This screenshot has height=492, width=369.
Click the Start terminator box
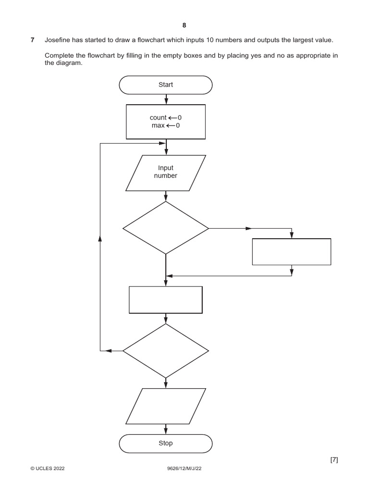(x=165, y=85)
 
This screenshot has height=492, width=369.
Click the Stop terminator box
(x=165, y=443)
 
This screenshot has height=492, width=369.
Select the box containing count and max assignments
(x=165, y=122)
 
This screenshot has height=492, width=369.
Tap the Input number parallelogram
(x=165, y=172)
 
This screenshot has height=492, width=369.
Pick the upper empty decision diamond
(x=165, y=228)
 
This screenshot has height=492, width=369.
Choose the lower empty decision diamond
(x=165, y=351)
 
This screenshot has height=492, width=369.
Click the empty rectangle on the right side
(x=292, y=252)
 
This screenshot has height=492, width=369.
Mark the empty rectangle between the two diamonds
(x=166, y=300)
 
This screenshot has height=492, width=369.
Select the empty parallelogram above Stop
(x=165, y=406)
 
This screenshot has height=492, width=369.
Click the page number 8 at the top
(x=184, y=25)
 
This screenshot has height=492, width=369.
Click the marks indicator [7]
(x=334, y=460)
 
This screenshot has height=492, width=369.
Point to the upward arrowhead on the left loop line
(x=100, y=238)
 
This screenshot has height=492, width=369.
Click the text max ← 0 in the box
(x=165, y=125)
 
